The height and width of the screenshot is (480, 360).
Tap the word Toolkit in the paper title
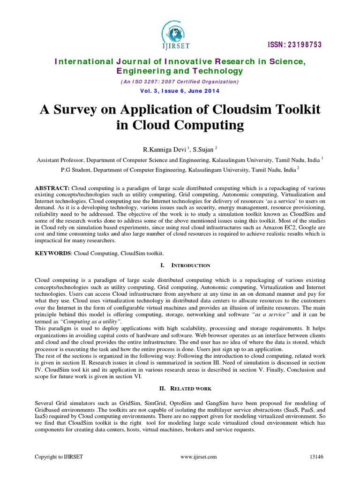coord(296,109)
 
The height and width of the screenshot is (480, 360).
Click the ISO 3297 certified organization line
coord(180,81)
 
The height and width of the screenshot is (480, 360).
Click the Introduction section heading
coord(189,266)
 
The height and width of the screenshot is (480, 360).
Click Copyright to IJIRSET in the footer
coord(59,457)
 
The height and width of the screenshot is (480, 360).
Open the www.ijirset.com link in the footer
coord(198,457)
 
